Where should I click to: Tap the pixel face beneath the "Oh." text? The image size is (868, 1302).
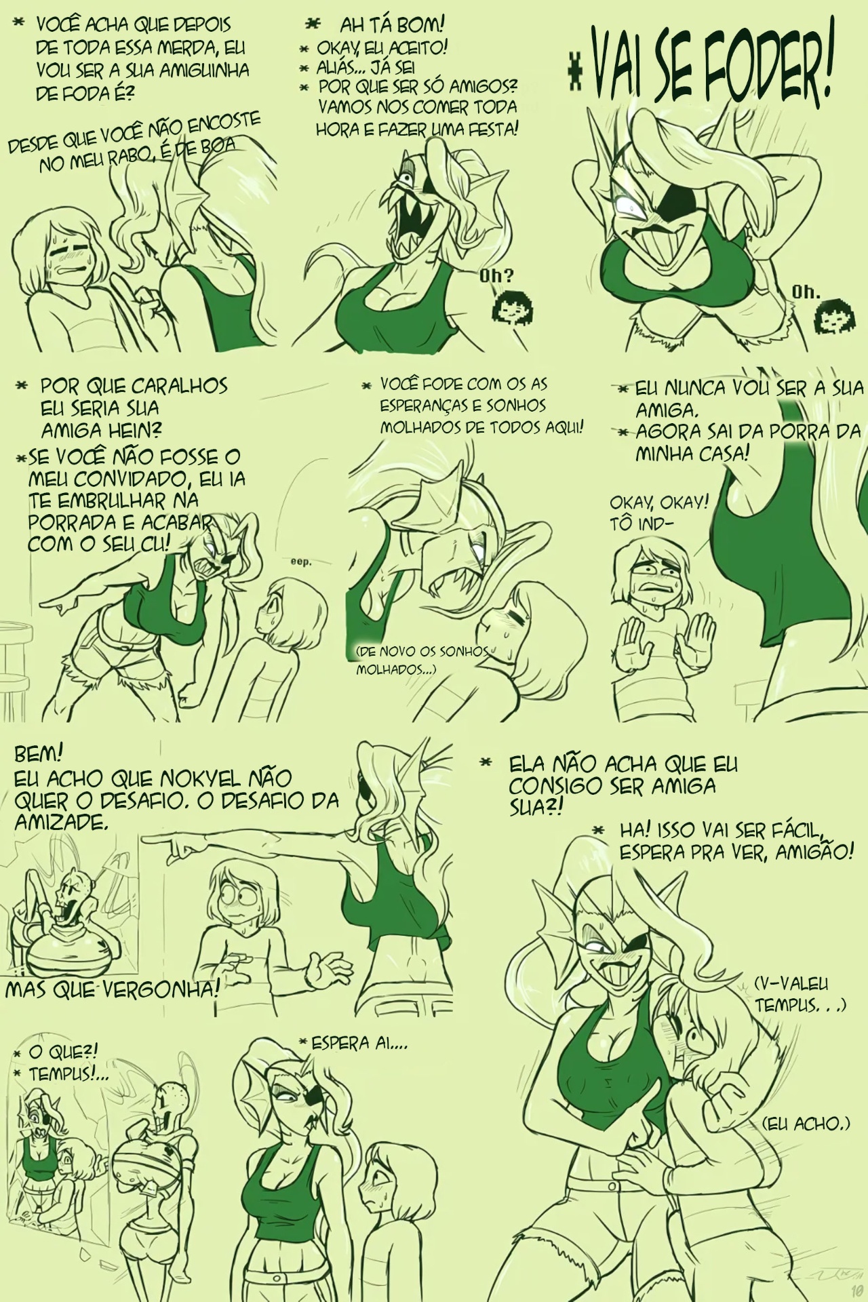click(827, 315)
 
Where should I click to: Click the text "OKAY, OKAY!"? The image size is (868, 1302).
click(658, 502)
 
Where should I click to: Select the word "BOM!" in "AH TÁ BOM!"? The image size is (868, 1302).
click(420, 25)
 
